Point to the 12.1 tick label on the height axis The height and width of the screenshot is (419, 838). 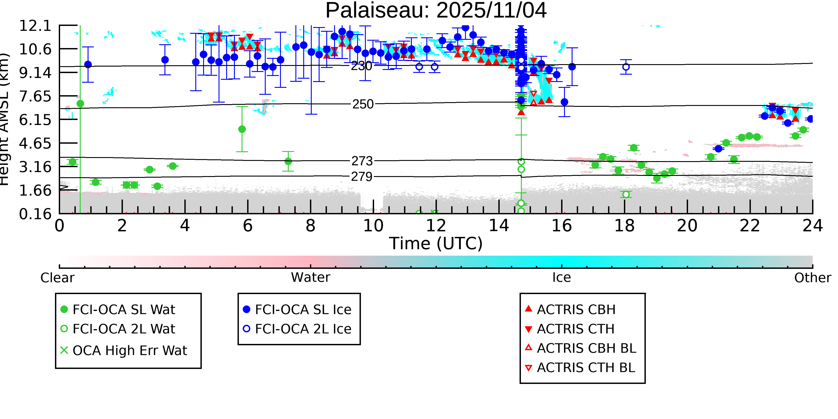(x=35, y=26)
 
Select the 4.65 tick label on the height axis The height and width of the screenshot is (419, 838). (x=35, y=143)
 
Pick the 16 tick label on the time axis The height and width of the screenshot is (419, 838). (x=562, y=226)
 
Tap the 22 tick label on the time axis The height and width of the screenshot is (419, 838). (x=750, y=226)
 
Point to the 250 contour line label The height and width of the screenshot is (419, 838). (x=363, y=104)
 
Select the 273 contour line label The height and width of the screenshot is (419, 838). (x=362, y=161)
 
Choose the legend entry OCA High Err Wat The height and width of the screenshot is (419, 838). (x=129, y=351)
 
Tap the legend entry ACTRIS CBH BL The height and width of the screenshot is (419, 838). (x=586, y=348)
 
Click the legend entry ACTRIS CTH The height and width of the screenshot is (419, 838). (x=575, y=329)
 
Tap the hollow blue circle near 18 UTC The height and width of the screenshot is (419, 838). (x=625, y=67)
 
